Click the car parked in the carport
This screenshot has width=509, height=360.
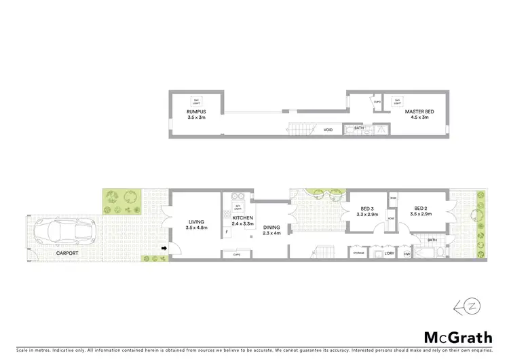(x=58, y=231)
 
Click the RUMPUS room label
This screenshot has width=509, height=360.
(x=196, y=114)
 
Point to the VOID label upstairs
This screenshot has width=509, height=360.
(x=328, y=130)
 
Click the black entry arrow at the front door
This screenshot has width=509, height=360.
(x=164, y=249)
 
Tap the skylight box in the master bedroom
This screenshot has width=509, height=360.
(x=398, y=101)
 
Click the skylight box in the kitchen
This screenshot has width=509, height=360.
(x=238, y=206)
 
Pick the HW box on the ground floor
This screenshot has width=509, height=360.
(x=407, y=254)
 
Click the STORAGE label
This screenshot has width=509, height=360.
(x=359, y=253)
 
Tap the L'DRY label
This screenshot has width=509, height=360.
(x=389, y=253)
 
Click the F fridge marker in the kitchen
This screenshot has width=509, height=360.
(x=227, y=233)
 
